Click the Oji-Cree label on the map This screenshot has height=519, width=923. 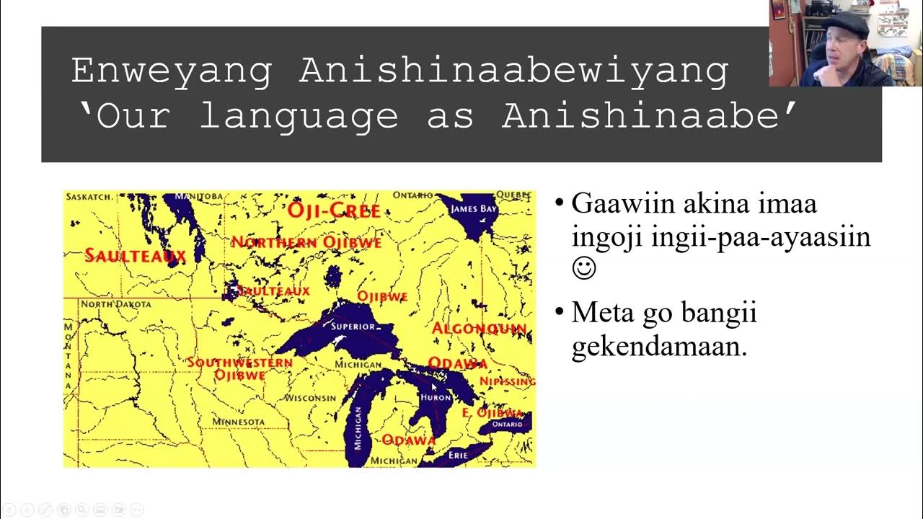tap(334, 210)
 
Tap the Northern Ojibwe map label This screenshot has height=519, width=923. tap(306, 242)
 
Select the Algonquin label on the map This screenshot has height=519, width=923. tap(480, 329)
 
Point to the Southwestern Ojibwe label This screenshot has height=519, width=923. tap(239, 368)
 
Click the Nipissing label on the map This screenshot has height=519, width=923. tap(508, 381)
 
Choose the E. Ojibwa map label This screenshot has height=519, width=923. tap(492, 413)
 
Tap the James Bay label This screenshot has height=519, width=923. tap(473, 209)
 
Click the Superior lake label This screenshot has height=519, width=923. tap(353, 327)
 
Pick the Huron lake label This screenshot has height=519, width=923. tap(436, 397)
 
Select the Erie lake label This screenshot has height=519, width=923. tap(459, 456)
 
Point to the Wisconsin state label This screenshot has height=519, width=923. tap(310, 398)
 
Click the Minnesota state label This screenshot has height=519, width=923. tap(238, 421)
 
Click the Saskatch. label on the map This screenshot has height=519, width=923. tap(88, 196)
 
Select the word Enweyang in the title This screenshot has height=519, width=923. tap(172, 71)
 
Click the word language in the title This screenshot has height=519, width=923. tap(299, 115)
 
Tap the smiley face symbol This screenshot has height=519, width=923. tap(584, 269)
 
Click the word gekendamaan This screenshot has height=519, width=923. tap(658, 347)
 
